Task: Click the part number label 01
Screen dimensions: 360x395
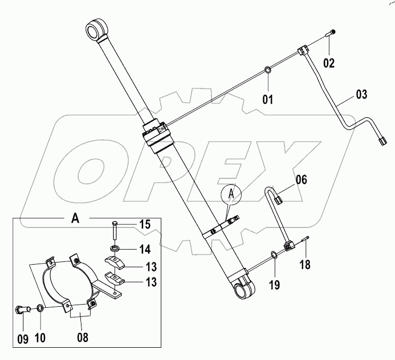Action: tap(267, 99)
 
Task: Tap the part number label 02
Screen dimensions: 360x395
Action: tap(329, 63)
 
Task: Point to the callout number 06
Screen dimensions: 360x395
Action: tap(301, 180)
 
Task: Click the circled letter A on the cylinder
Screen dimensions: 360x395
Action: tap(231, 195)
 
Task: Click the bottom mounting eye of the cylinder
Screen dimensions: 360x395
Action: tap(244, 291)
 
